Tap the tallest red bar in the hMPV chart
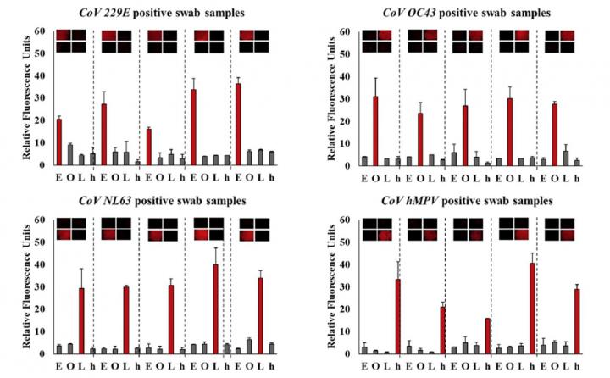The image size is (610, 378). (532, 309)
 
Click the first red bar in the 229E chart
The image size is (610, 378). (58, 142)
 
